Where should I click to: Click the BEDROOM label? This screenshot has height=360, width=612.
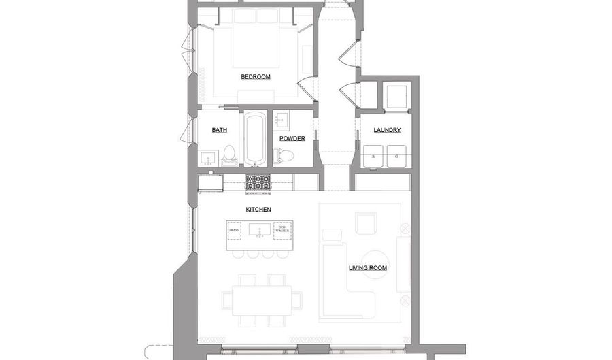point(256,77)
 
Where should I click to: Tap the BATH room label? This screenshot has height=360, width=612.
point(219,130)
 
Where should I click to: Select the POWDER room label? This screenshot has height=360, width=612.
point(292,139)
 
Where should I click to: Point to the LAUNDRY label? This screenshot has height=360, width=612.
point(387,130)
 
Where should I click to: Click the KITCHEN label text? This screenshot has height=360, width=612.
point(258,210)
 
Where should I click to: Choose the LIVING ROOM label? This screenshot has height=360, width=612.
point(368,268)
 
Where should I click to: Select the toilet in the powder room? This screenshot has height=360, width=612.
point(284,156)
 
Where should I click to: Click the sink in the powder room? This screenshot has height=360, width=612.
point(282,121)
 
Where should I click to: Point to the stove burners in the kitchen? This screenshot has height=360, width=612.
point(258,182)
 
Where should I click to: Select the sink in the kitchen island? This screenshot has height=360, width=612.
point(259,231)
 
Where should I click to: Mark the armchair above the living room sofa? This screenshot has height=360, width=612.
point(366,223)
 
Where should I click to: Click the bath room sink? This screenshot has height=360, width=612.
point(209,159)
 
